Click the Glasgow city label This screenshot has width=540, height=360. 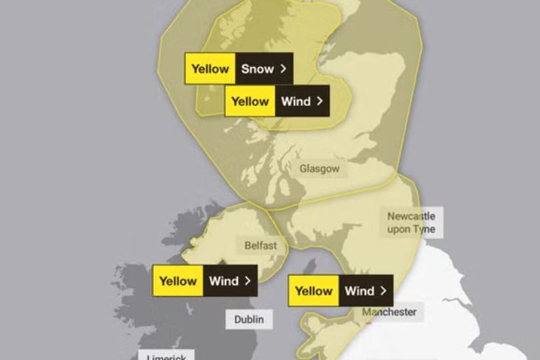coord(319,169)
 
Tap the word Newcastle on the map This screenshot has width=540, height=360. coord(411,216)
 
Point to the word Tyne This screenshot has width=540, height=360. coord(423,229)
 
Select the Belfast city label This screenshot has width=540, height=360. coord(261,245)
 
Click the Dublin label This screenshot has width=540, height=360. coord(249,319)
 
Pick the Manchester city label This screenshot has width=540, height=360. coord(389,311)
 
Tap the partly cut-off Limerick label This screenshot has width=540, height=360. coord(167,356)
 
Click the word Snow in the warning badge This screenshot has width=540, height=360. coord(257,69)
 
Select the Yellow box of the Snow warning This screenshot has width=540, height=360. coord(210,69)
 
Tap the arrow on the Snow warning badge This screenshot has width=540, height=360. coord(284,69)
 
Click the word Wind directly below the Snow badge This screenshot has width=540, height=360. coord(296,101)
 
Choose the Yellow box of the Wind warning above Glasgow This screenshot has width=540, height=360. coord(250,101)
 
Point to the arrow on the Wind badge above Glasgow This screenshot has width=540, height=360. coord(321,101)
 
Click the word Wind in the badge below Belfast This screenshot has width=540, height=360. coord(223,281)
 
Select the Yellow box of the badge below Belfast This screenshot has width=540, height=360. coord(177,281)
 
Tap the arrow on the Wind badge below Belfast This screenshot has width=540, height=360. coord(248,281)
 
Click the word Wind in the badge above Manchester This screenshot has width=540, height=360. coord(359,291)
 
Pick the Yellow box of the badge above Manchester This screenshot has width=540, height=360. coord(313,291)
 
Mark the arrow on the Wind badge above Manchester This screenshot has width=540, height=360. coord(383,291)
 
